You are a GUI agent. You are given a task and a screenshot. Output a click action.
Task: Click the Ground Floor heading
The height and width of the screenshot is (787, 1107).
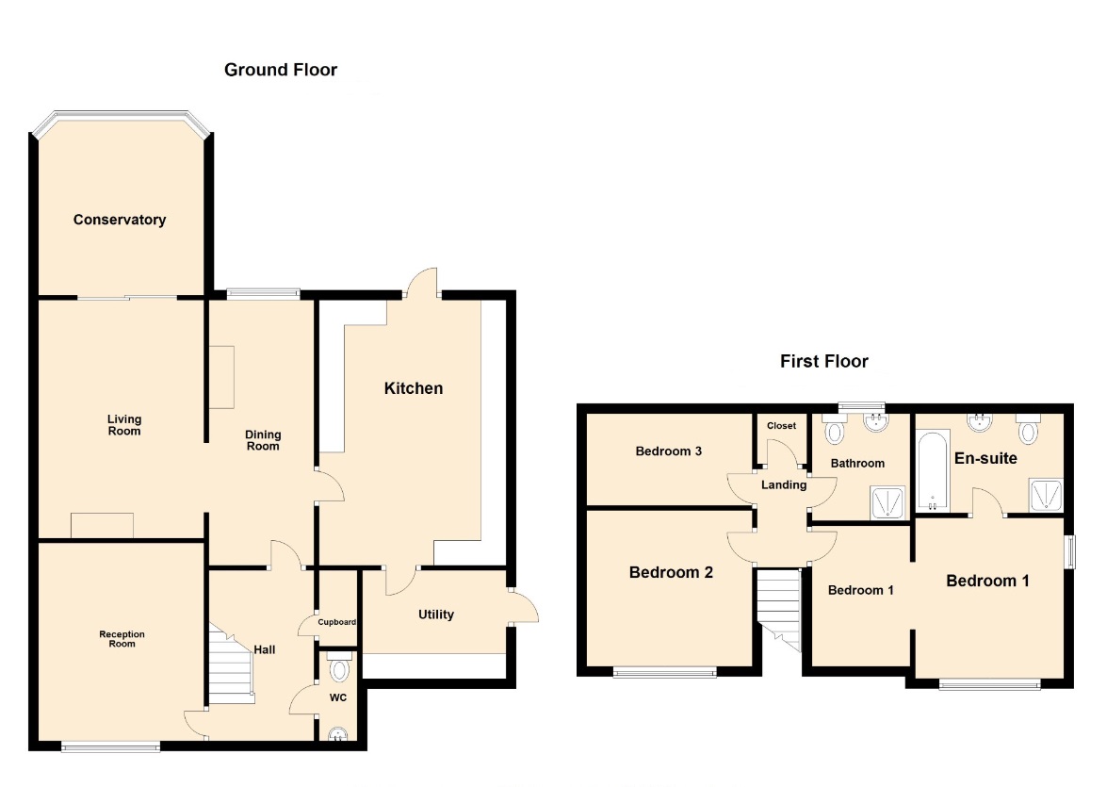(280, 70)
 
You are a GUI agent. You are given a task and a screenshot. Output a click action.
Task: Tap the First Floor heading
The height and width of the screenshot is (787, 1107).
(824, 361)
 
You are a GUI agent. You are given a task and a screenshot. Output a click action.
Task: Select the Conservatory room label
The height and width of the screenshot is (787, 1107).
(120, 220)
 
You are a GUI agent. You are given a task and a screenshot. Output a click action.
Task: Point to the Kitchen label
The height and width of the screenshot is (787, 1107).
(413, 388)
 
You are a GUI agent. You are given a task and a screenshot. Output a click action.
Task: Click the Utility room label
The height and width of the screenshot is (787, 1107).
(435, 614)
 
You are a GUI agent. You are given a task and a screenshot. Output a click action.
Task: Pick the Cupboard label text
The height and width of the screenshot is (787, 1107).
(336, 622)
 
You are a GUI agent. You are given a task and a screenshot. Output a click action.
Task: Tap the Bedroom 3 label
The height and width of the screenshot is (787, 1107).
(669, 451)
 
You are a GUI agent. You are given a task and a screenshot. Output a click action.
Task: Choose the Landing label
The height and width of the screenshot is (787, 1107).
(784, 484)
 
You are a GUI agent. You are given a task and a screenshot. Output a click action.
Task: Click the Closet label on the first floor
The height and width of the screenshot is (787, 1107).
(782, 426)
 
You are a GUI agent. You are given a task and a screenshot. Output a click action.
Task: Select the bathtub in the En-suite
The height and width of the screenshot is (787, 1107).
(933, 471)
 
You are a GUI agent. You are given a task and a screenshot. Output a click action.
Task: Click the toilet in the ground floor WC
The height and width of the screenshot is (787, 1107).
(339, 666)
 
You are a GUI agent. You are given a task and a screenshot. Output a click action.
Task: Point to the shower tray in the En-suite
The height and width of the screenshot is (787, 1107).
(1046, 495)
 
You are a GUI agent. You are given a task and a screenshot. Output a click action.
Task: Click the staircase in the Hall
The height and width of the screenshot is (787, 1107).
(231, 664)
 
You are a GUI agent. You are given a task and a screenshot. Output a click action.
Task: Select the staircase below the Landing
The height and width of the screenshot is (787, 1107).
(779, 608)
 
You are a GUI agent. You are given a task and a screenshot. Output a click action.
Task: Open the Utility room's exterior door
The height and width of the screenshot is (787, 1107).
(523, 607)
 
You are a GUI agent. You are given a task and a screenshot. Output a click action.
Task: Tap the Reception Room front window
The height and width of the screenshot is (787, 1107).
(111, 746)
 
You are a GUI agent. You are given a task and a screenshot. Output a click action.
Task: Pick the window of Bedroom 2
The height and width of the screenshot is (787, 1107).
(665, 672)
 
